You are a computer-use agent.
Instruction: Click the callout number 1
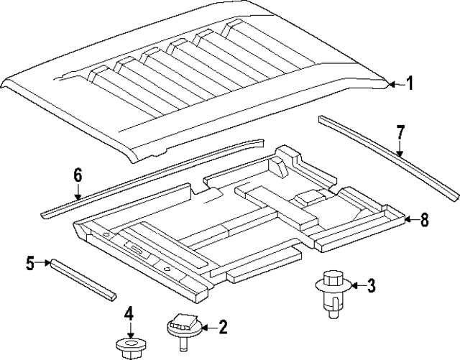coord(410,85)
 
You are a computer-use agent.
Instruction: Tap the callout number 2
coord(222,328)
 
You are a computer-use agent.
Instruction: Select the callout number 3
coord(371,287)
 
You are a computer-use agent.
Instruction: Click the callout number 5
coord(29,264)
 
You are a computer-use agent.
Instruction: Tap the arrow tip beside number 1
coord(392,85)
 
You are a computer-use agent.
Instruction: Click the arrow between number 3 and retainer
coord(353,287)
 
